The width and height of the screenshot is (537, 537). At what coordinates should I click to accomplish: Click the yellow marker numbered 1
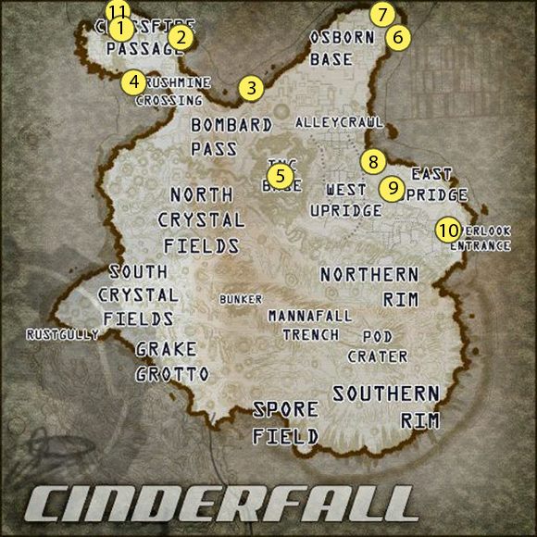point(119,29)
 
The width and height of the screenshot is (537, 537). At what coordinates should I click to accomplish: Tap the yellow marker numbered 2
point(180,37)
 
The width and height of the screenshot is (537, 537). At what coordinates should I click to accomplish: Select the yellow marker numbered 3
point(250,89)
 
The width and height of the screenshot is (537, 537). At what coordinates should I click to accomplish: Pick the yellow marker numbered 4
point(134,81)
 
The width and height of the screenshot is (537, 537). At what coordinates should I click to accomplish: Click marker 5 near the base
point(280,173)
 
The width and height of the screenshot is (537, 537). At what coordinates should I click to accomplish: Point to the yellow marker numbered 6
point(396,38)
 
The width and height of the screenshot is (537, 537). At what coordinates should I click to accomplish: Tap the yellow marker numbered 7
point(381,15)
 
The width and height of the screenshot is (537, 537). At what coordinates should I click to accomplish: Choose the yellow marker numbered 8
point(372,161)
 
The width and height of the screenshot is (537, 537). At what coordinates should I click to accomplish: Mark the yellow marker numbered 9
point(393,188)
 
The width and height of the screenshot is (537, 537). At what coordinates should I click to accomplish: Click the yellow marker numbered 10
point(448,229)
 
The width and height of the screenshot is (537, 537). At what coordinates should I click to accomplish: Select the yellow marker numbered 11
point(118,11)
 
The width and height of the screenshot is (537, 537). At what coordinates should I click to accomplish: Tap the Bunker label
point(241,299)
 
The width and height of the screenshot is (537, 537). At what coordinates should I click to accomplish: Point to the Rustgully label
point(62,334)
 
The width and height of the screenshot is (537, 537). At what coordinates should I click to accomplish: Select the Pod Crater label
point(378,346)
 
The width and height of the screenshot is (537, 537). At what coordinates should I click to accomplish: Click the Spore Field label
point(286,422)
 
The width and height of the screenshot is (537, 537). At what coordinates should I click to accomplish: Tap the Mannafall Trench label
point(310,325)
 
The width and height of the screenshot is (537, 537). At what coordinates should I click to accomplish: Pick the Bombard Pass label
point(231,136)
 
